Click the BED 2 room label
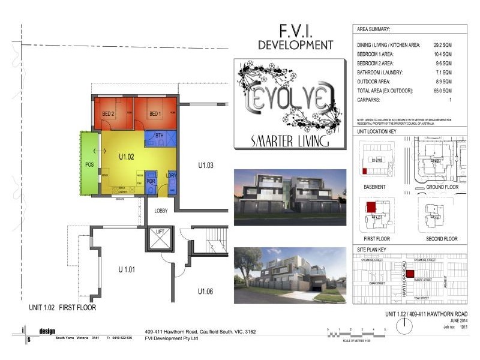tap(108, 114)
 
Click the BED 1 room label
tap(155, 114)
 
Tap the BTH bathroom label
tap(160, 136)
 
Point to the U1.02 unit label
tap(125, 157)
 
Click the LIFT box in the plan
tap(160, 239)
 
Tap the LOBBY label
tap(161, 211)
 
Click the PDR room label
tap(151, 180)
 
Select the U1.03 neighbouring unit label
tap(206, 165)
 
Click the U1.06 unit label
tap(206, 292)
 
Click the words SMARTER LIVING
tap(290, 142)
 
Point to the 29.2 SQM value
tap(443, 46)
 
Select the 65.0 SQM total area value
tap(443, 90)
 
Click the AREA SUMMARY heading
tap(373, 29)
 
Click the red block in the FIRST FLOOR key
tap(371, 207)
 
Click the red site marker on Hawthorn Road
tap(410, 274)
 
